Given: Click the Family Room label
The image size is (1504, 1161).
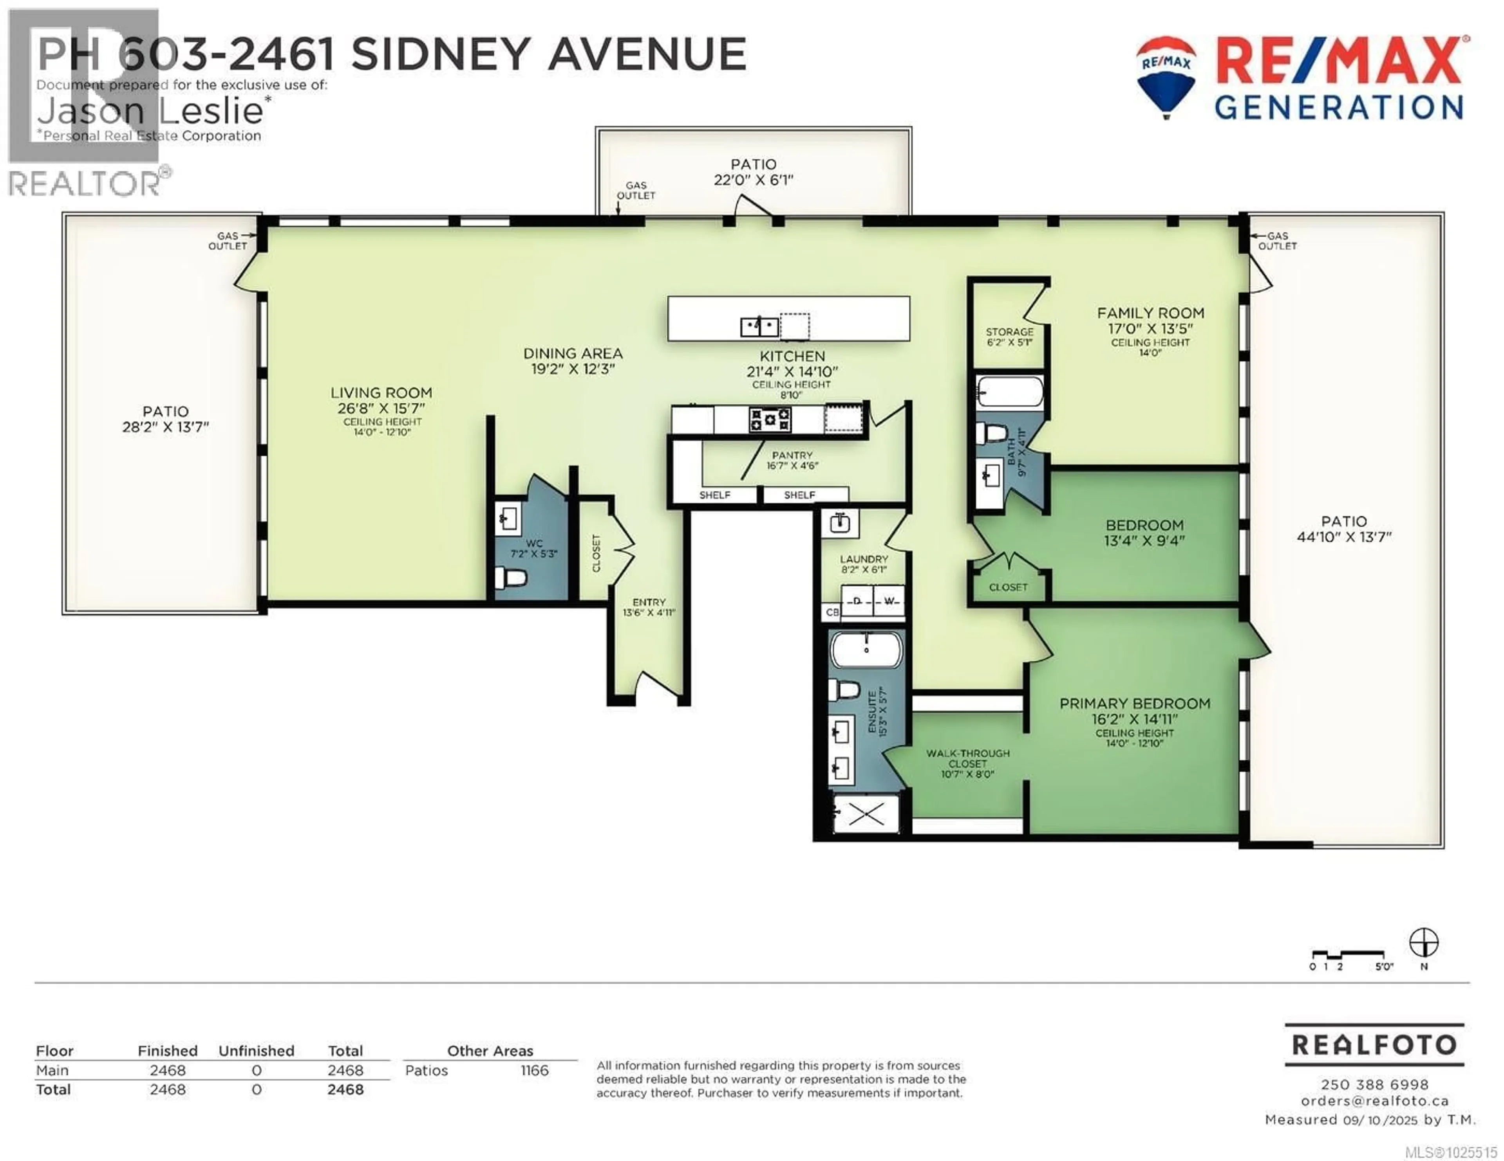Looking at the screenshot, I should click(1150, 313).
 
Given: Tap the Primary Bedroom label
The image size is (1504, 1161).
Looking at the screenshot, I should click(1134, 703).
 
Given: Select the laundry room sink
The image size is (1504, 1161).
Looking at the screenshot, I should click(839, 524).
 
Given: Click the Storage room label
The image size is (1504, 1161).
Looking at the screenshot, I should click(1009, 332).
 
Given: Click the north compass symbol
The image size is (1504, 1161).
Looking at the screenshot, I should click(1423, 943).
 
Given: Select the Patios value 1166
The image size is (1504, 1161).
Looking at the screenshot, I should click(534, 1070).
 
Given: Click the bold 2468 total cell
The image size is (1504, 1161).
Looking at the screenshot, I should click(345, 1089).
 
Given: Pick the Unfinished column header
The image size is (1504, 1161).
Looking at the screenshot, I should click(256, 1051).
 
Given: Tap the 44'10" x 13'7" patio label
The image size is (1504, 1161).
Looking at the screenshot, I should click(1343, 537).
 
